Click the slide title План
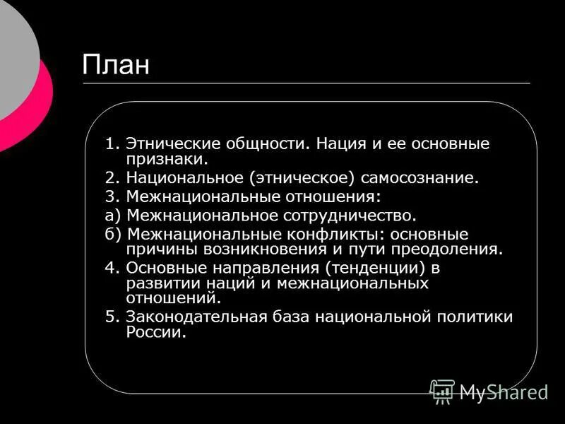[116, 66]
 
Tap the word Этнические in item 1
[171, 144]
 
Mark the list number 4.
[110, 268]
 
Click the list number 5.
[110, 317]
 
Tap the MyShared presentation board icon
[443, 391]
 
